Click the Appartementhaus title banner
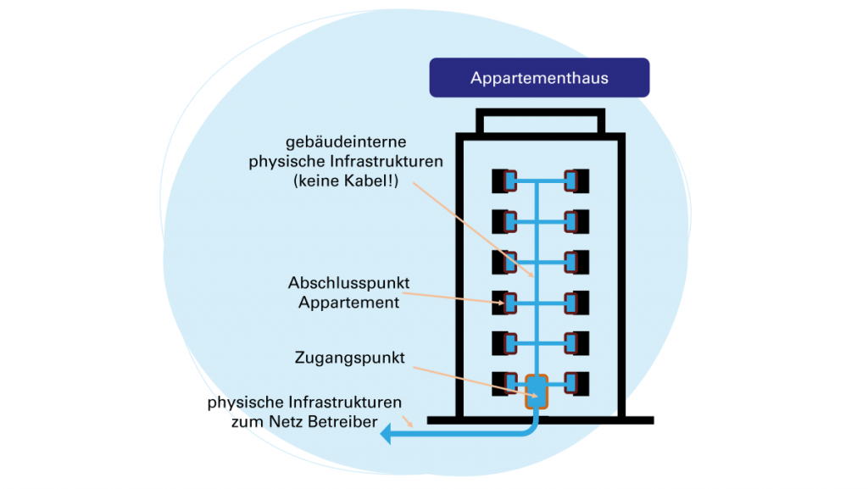pos(539,78)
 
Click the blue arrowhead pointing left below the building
pos(387,434)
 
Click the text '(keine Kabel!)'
pos(346,180)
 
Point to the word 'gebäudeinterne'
pos(344,142)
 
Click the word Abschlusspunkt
pos(343,283)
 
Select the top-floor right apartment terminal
pos(576,181)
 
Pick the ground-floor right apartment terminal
pos(576,384)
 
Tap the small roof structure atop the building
pos(540,121)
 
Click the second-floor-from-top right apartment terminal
pos(576,221)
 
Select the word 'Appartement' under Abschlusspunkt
pos(348,302)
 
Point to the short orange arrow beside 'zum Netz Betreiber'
pos(411,420)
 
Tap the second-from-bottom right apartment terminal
pos(576,343)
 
